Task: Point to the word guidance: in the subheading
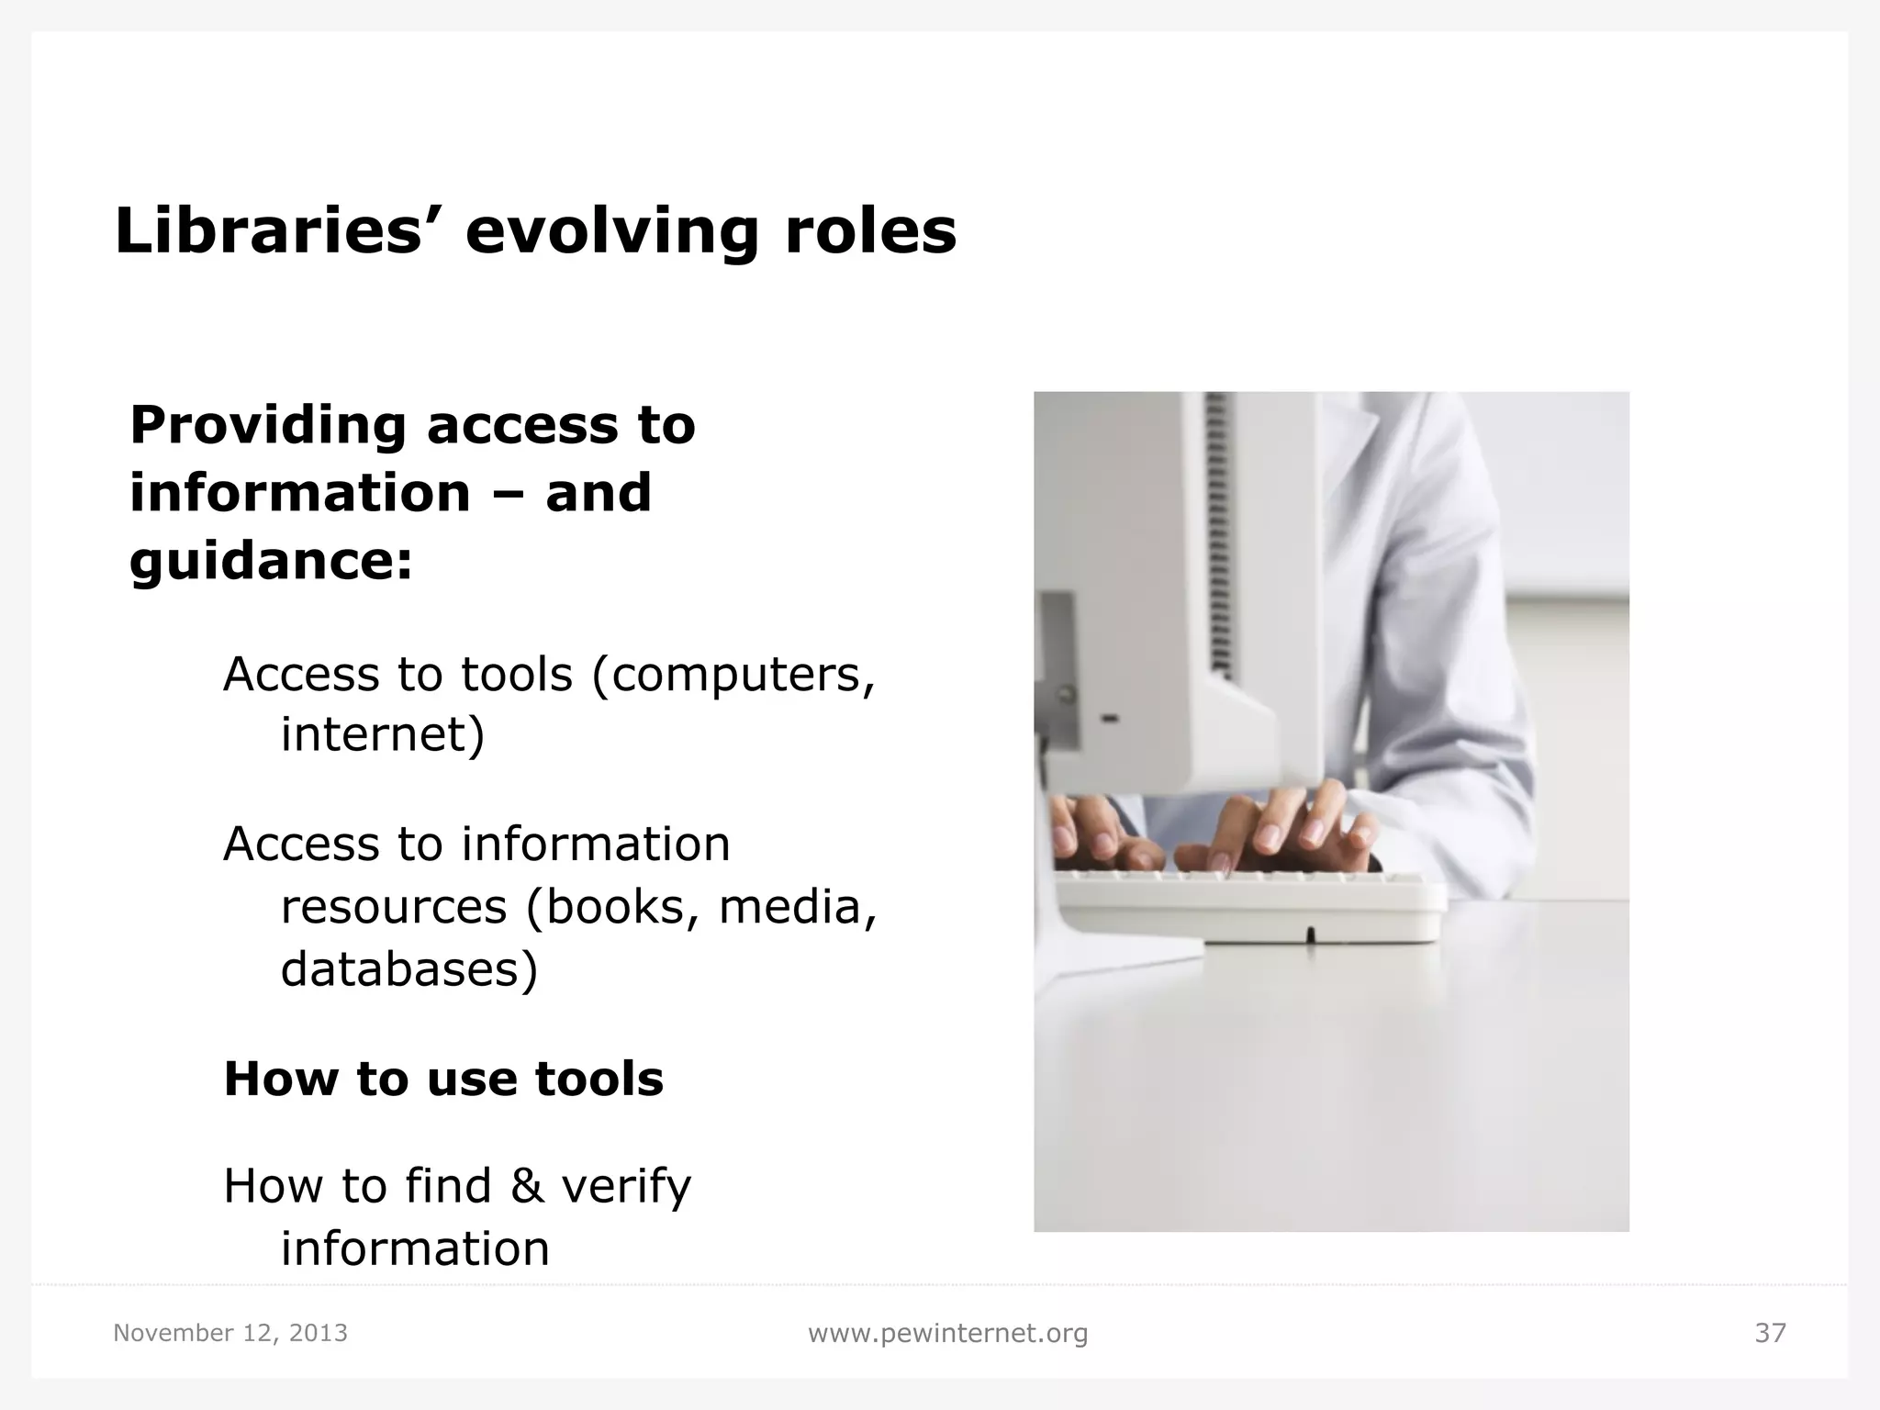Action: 272,561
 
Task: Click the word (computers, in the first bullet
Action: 733,676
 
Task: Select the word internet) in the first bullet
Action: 382,734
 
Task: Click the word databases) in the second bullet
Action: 408,968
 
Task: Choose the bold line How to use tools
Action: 443,1079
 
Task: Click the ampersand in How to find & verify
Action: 527,1186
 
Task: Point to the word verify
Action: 626,1186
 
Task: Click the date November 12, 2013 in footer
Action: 230,1333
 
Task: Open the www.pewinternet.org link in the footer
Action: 947,1333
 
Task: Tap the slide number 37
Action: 1770,1333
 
